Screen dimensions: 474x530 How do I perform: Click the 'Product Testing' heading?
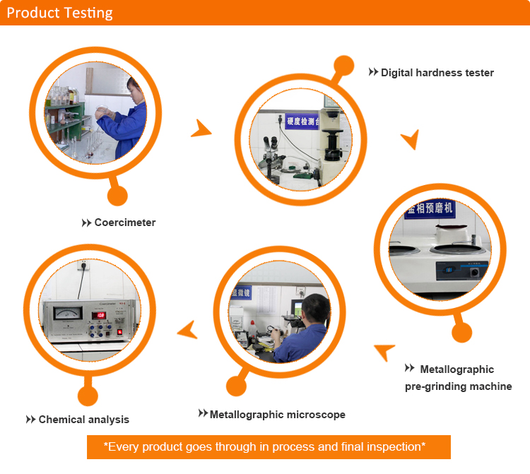point(59,13)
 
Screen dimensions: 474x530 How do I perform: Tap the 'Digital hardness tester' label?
point(437,73)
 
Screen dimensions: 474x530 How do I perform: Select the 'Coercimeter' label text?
point(124,223)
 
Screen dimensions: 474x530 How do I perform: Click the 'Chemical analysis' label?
point(83,420)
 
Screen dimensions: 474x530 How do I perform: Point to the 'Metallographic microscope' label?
point(277,415)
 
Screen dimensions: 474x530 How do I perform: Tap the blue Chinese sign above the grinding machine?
point(430,210)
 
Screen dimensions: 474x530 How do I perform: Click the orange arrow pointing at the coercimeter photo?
point(187,328)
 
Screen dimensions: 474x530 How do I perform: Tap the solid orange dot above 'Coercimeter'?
point(117,196)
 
